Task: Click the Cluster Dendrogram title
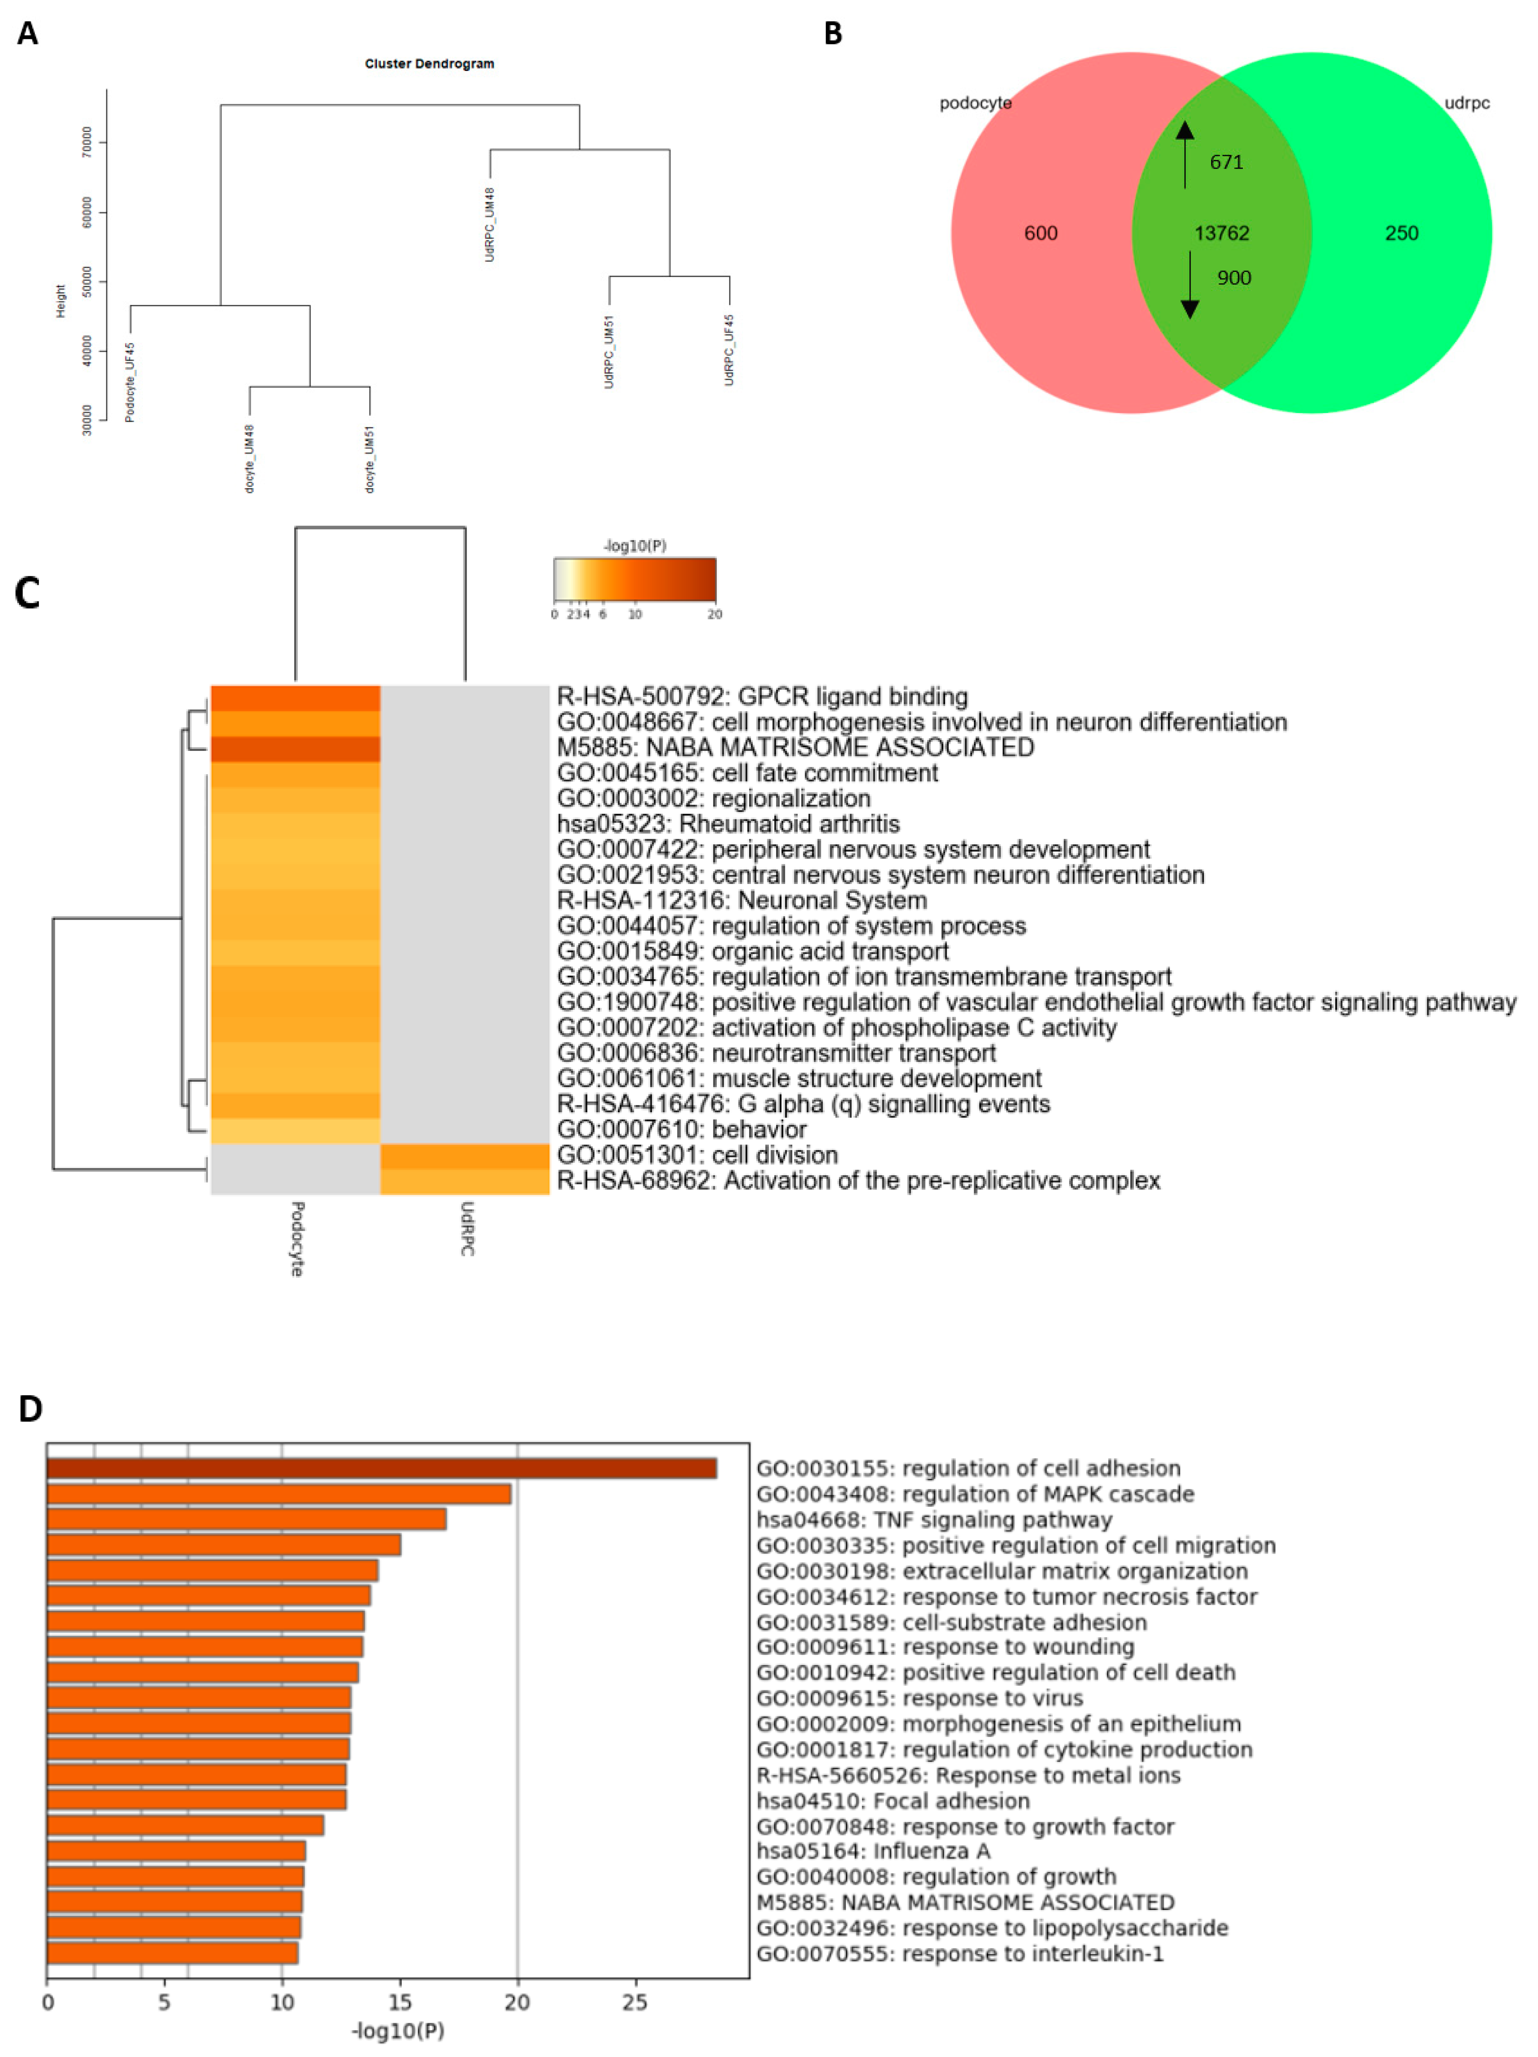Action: [x=429, y=63]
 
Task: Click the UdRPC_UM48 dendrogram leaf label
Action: [x=490, y=224]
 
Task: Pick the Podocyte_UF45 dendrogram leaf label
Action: [x=130, y=381]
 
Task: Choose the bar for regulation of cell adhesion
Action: [x=381, y=1468]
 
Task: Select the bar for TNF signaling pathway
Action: [x=246, y=1519]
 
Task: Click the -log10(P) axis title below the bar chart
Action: [x=398, y=2031]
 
